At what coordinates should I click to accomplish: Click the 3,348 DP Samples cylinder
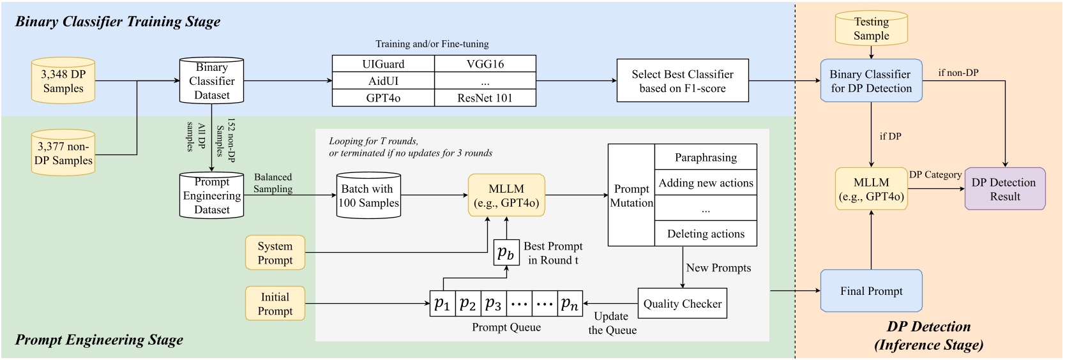[x=63, y=81]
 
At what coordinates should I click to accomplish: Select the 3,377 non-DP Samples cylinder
[x=63, y=153]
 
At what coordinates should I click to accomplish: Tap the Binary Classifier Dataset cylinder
[x=211, y=81]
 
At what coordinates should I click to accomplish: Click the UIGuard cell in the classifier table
[x=383, y=64]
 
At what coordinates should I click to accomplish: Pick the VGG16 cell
[x=485, y=64]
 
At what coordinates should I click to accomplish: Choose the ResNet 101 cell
[x=485, y=98]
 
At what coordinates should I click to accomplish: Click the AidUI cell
[x=383, y=81]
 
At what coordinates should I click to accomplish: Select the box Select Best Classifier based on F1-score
[x=682, y=81]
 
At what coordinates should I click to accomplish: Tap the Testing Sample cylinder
[x=871, y=29]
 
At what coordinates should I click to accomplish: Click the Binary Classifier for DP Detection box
[x=871, y=81]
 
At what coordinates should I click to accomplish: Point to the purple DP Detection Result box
[x=1004, y=189]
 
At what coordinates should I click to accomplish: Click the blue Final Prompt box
[x=871, y=291]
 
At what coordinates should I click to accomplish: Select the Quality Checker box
[x=682, y=304]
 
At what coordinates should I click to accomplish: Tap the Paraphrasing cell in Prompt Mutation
[x=706, y=157]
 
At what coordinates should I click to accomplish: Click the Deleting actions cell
[x=706, y=234]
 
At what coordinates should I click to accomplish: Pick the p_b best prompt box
[x=506, y=253]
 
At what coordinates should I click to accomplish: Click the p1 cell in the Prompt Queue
[x=442, y=304]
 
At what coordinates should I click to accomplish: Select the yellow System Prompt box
[x=275, y=253]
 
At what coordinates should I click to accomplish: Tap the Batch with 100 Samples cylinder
[x=368, y=196]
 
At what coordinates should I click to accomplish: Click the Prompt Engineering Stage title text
[x=99, y=340]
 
